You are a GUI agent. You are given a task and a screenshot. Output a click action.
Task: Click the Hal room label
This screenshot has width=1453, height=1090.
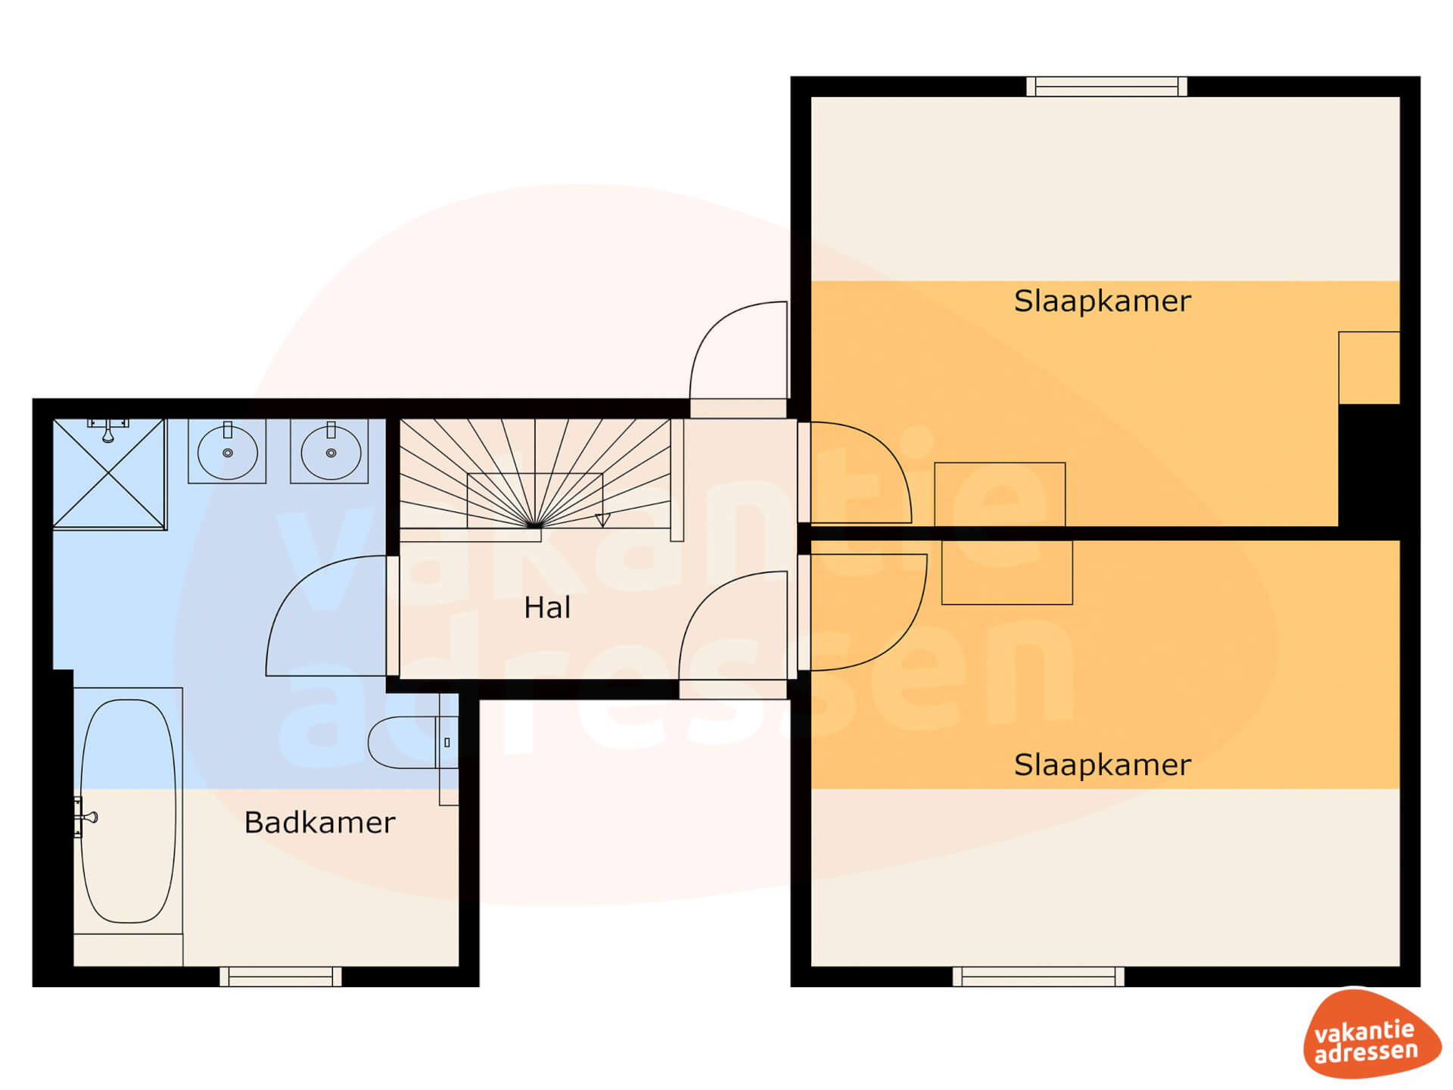pyautogui.click(x=547, y=608)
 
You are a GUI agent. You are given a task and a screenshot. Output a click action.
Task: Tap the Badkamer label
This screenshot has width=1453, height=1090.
pyautogui.click(x=319, y=823)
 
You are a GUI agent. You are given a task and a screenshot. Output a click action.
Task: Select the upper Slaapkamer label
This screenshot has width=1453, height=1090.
pyautogui.click(x=1102, y=301)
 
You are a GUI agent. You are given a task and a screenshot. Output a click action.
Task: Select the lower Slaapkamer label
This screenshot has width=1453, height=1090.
pyautogui.click(x=1102, y=765)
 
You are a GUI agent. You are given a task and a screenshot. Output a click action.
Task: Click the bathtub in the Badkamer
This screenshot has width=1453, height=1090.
pyautogui.click(x=129, y=811)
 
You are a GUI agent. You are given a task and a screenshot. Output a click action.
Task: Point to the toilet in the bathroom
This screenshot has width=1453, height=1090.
pyautogui.click(x=412, y=743)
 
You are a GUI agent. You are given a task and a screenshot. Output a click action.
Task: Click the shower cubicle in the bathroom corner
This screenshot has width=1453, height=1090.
pyautogui.click(x=110, y=475)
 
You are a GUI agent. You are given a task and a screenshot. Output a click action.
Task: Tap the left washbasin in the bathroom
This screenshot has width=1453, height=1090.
pyautogui.click(x=227, y=452)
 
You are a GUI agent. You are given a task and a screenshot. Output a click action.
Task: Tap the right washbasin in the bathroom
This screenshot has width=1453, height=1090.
pyautogui.click(x=330, y=452)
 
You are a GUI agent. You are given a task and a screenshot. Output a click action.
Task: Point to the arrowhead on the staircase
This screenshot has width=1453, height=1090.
pyautogui.click(x=602, y=520)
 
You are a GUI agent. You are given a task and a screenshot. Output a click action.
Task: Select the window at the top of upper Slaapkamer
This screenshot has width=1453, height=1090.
pyautogui.click(x=1106, y=87)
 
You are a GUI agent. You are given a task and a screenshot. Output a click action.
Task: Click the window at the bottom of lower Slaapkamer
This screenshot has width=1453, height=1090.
pyautogui.click(x=1038, y=976)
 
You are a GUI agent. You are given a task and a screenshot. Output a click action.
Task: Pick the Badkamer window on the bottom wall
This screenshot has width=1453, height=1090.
pyautogui.click(x=281, y=976)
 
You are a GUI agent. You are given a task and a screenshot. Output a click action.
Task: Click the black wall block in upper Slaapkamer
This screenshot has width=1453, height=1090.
pyautogui.click(x=1369, y=466)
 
